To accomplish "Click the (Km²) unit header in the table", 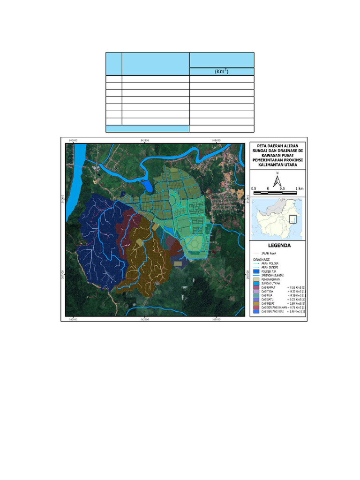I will (222, 72).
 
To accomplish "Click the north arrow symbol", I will (277, 181).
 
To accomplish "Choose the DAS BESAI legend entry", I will (273, 303).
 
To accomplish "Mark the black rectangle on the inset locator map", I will (293, 219).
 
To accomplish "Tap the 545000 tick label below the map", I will (216, 320).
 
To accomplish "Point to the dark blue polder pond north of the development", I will (148, 186).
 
